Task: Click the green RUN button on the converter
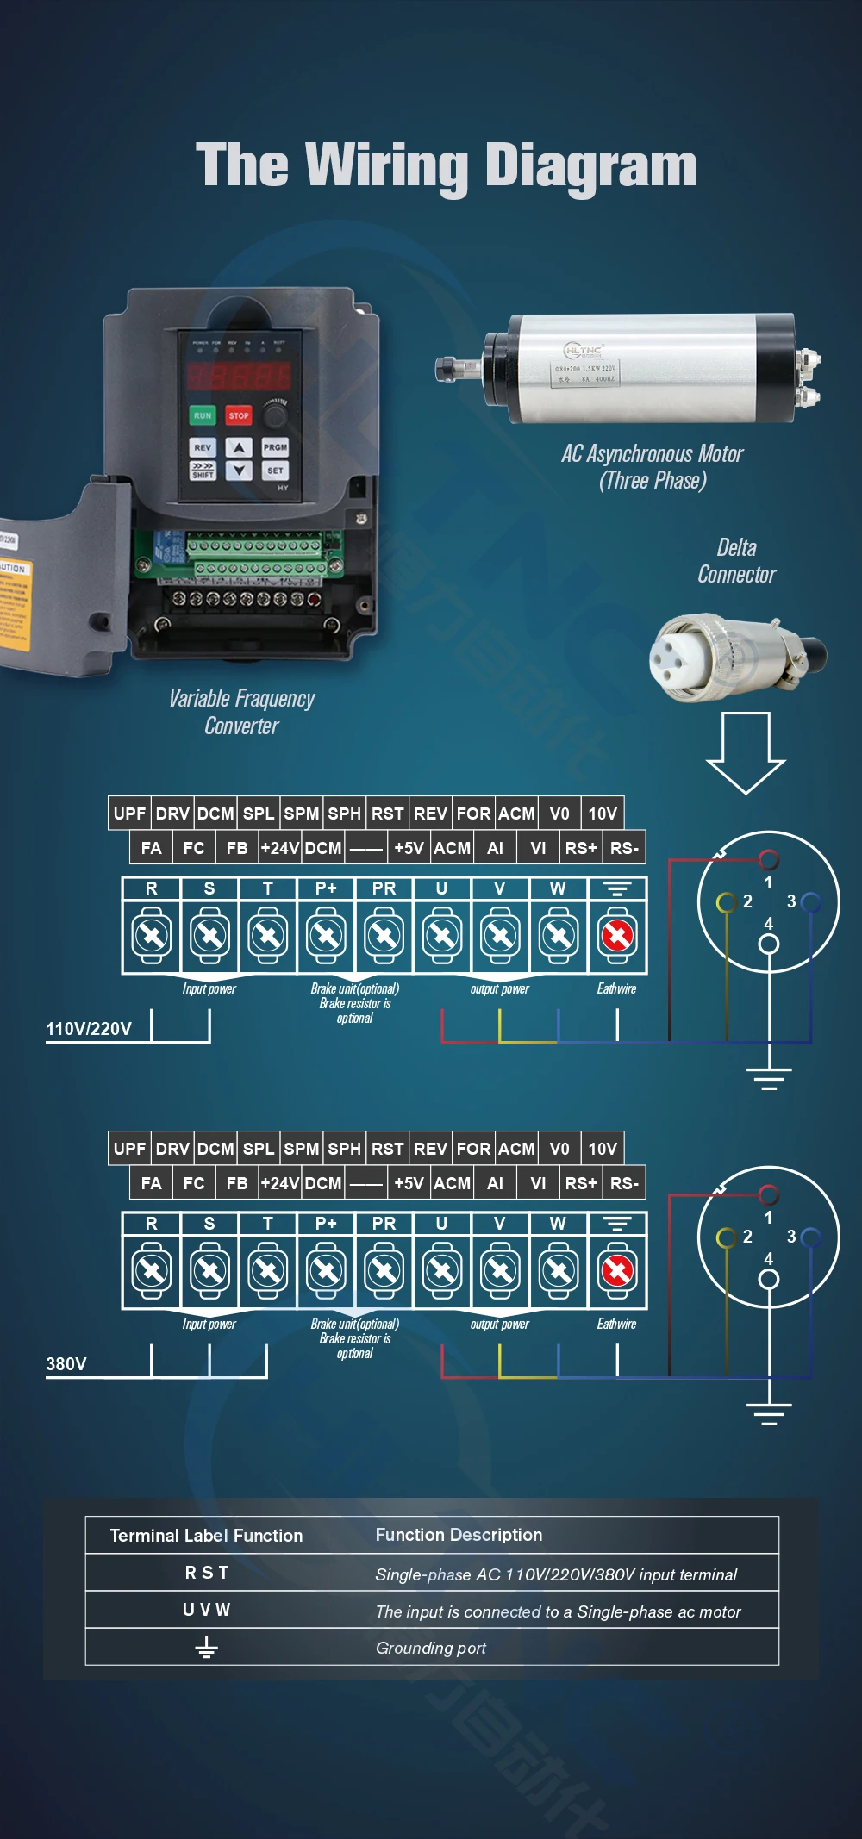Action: click(202, 415)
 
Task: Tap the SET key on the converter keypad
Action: click(275, 471)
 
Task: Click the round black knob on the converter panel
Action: click(275, 416)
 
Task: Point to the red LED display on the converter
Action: click(239, 376)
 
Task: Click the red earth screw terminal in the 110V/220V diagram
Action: click(617, 935)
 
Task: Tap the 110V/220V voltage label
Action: click(89, 1029)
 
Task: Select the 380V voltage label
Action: click(66, 1364)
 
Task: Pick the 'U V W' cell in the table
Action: click(206, 1610)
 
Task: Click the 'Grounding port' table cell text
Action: click(431, 1648)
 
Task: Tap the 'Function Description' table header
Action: click(459, 1535)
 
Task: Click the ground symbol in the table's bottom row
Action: click(206, 1648)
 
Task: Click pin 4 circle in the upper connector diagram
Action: click(768, 944)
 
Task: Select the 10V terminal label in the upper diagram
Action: click(602, 814)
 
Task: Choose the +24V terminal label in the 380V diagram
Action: click(280, 1183)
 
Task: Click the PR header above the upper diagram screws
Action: click(384, 888)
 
